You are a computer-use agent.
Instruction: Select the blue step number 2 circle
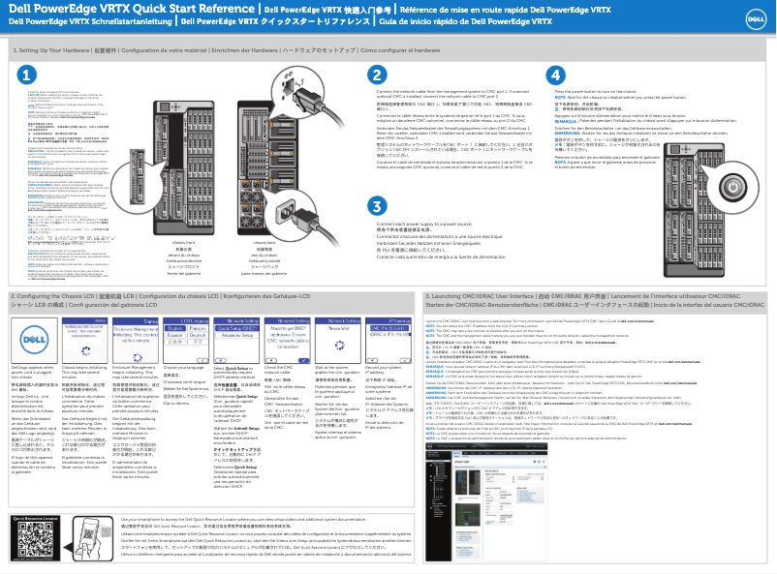pos(377,75)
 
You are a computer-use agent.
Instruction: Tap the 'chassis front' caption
pos(183,242)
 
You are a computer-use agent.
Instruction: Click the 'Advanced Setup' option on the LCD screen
pos(233,334)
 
